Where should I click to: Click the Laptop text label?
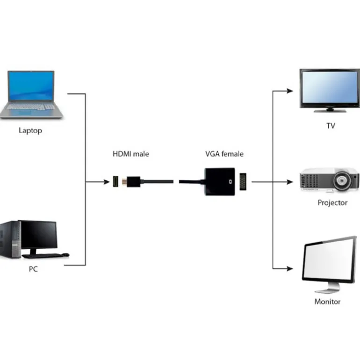pos(30,130)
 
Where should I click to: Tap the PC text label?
pos(33,270)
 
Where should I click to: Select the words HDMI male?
pos(130,153)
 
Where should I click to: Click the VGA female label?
pos(224,153)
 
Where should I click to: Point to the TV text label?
pos(331,126)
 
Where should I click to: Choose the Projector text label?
pos(332,202)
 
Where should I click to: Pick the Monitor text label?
pos(327,302)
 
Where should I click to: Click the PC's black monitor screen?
pos(39,235)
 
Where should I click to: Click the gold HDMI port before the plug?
pos(115,181)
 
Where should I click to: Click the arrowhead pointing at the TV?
pos(291,91)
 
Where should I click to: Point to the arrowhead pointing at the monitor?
pos(291,268)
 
